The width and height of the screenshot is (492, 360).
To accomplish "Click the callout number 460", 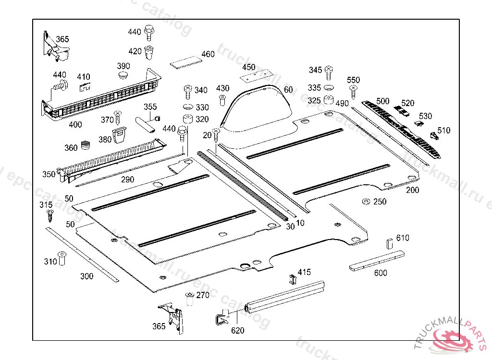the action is point(208,54).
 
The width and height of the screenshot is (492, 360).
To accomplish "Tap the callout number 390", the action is point(123,66).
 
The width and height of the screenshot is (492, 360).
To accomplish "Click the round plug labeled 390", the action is point(123,74).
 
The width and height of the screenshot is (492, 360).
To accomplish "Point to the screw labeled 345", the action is point(329,73).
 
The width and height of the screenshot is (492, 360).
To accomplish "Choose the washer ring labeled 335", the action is point(329,87).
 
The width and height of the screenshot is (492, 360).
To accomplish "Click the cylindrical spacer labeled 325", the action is point(329,99).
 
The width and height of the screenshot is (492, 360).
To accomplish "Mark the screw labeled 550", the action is point(353,92).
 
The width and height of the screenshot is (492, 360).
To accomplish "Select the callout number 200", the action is point(412,190).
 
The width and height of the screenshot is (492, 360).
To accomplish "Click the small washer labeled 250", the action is point(366,202).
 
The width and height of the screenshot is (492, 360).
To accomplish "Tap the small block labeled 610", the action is point(389,243).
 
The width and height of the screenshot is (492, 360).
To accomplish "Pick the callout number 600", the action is point(381,273).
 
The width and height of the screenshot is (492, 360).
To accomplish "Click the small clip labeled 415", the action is point(293,279).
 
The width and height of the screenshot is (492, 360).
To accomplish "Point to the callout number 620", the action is point(237,330).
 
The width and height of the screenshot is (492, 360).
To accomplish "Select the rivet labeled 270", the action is point(189,299).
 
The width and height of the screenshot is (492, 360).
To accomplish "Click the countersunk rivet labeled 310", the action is point(62,258).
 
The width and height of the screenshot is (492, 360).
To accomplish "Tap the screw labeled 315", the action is point(50,216).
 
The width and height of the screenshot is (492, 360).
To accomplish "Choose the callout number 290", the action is point(127,180).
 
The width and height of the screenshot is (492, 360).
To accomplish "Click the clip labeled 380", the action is point(119,134).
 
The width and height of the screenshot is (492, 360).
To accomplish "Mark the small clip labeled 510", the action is point(434,135).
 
